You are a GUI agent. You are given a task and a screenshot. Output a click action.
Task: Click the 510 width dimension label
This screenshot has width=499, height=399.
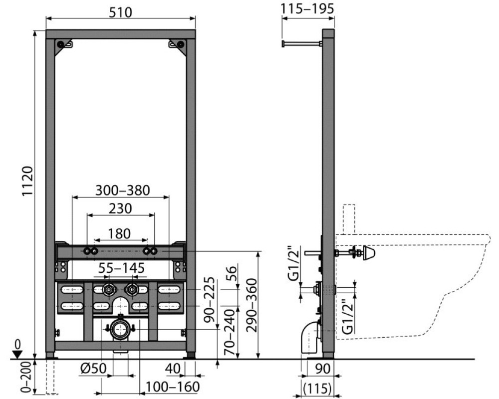pos(121,12)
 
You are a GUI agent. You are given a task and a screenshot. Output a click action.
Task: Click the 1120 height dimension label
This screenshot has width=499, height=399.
pos(28,181)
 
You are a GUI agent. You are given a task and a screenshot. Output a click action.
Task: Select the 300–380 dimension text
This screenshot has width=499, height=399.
pos(123,190)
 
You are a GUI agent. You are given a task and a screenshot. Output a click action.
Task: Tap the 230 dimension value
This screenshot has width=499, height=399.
pos(120,209)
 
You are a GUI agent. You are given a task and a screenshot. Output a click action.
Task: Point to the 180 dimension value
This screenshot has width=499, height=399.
pos(119,234)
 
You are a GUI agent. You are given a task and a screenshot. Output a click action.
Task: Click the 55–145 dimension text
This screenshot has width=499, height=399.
pos(121,268)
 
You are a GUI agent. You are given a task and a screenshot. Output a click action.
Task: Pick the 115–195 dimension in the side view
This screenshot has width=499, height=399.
pos(308,8)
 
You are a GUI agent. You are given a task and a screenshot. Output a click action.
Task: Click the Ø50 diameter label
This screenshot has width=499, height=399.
pos(93,369)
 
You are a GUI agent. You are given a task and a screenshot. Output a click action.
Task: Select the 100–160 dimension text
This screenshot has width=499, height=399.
pos(173,387)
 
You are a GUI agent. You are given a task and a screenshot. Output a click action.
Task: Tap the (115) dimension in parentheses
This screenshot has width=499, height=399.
pos(317,389)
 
